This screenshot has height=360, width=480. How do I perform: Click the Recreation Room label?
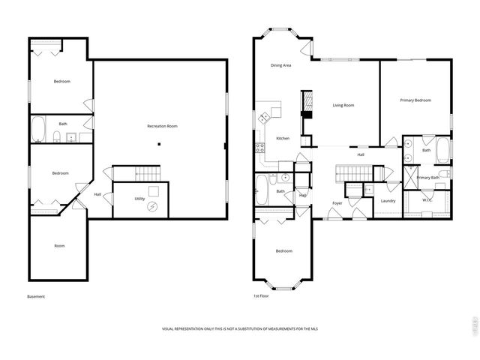coord(162,126)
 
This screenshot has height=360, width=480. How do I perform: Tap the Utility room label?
coord(139,199)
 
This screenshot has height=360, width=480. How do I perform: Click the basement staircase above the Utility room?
coord(148,174)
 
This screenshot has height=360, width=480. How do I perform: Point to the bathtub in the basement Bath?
coord(38,130)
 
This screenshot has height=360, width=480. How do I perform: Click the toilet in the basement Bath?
coord(57,136)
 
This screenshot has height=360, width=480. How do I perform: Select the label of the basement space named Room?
coord(59,246)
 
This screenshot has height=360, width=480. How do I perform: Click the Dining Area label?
coord(281,66)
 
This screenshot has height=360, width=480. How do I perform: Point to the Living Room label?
coord(343,105)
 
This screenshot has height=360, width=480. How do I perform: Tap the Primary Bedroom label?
coord(415,100)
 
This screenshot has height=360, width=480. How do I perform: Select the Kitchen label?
coord(283,138)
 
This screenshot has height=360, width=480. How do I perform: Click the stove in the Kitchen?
coord(260,147)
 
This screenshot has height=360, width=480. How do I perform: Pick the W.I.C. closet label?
coord(426,200)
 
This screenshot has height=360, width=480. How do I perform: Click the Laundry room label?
coord(388,200)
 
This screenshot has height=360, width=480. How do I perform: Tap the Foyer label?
coord(337,203)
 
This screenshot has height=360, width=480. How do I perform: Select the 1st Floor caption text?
coord(262,296)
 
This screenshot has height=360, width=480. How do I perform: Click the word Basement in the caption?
coord(36,296)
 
